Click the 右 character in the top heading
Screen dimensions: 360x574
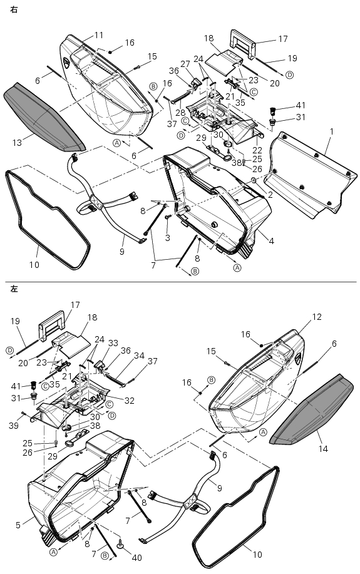[14, 10]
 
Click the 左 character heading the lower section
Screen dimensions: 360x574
[14, 289]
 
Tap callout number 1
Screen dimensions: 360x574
[331, 131]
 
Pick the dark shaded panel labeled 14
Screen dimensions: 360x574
[312, 409]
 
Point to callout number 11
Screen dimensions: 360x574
[99, 35]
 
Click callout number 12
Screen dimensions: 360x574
[317, 317]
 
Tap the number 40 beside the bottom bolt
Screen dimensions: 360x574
[136, 558]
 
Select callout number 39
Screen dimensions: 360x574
[14, 425]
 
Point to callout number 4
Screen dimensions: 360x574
[271, 241]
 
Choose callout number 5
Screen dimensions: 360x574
[18, 525]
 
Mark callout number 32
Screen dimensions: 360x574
[129, 401]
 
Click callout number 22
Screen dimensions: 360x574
[257, 150]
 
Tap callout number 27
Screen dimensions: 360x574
[185, 64]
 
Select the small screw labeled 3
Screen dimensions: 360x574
[168, 217]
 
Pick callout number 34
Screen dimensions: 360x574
[139, 356]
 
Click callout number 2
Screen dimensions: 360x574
[270, 195]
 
